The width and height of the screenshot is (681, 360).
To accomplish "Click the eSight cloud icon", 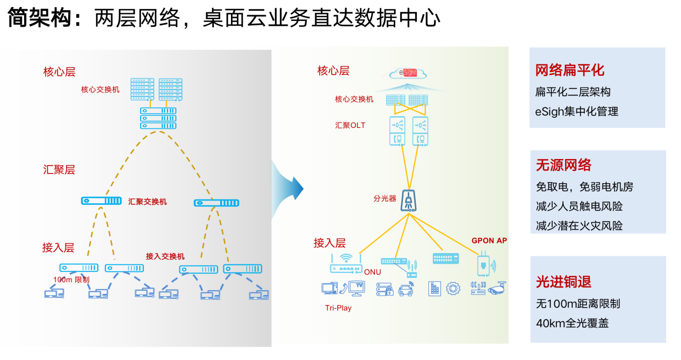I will pyautogui.click(x=409, y=74).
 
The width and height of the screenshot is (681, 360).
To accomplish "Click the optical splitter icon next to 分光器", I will pyautogui.click(x=409, y=200).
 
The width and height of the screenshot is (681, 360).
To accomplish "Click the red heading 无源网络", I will pyautogui.click(x=563, y=165).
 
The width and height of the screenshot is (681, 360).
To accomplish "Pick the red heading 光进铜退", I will pyautogui.click(x=563, y=282).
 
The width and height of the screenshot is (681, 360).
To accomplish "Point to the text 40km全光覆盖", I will pyautogui.click(x=572, y=323).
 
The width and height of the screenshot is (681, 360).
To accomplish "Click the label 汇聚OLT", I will pyautogui.click(x=350, y=125).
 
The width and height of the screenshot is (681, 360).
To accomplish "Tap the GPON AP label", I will pyautogui.click(x=489, y=241).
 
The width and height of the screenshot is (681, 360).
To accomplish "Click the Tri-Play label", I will pyautogui.click(x=338, y=308).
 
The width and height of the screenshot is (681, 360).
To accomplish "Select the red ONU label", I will pyautogui.click(x=372, y=272).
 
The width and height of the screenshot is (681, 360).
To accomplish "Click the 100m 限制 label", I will pyautogui.click(x=71, y=280).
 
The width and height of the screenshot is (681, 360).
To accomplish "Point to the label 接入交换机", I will pyautogui.click(x=165, y=256).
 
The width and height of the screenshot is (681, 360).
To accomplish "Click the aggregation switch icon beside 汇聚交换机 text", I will pyautogui.click(x=102, y=201).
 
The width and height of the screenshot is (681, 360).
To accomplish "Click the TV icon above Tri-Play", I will pyautogui.click(x=357, y=288).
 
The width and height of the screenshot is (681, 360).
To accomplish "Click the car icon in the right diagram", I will pyautogui.click(x=406, y=290).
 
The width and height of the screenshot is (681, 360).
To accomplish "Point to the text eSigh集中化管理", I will pyautogui.click(x=577, y=112).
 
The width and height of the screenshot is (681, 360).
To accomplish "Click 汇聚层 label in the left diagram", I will pyautogui.click(x=59, y=170).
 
